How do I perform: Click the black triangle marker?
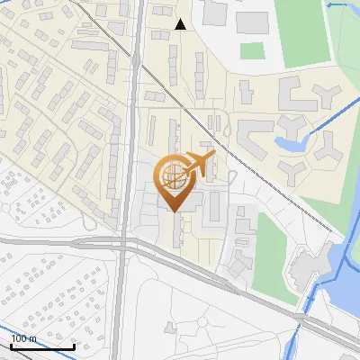181,24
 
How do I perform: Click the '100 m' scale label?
24,338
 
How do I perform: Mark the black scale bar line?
41,346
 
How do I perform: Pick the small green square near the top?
253,50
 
